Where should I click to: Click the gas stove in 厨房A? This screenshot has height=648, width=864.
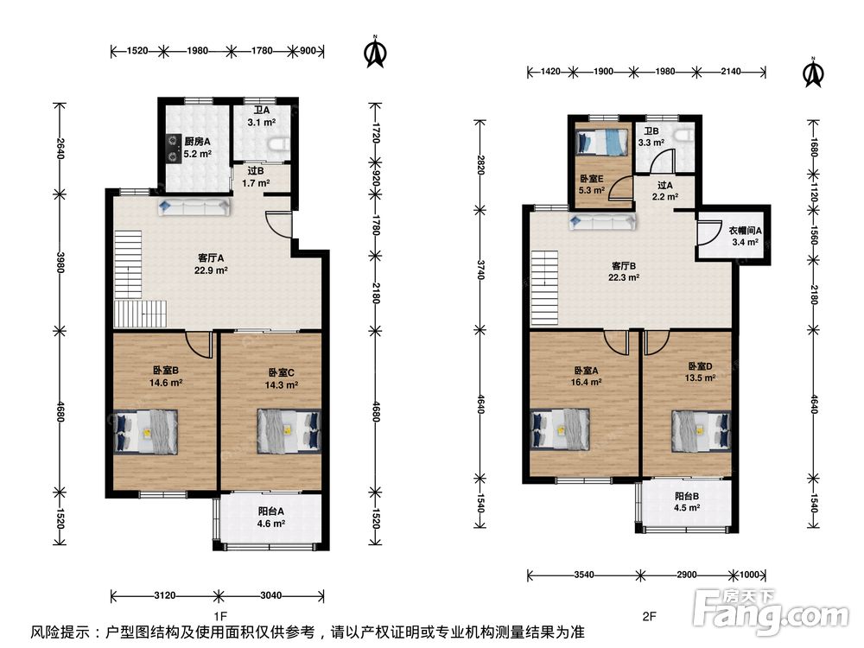[175, 149]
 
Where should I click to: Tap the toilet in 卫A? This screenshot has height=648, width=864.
[277, 144]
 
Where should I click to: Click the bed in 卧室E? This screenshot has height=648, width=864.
[602, 143]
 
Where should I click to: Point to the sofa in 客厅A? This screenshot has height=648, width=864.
[194, 207]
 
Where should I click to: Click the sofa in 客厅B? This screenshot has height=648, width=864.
[603, 222]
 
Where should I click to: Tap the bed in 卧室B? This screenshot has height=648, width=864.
[146, 431]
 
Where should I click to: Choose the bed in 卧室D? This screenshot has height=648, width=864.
[701, 431]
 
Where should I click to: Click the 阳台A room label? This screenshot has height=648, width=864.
[271, 511]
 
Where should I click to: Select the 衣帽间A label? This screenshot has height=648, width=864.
[745, 231]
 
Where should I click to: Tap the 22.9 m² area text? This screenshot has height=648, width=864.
[211, 270]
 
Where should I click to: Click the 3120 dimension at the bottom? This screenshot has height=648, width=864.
[164, 595]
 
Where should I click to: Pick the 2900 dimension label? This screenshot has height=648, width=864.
[686, 575]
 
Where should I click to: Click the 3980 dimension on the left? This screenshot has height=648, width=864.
[60, 263]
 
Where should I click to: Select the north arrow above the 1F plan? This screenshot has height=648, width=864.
[376, 52]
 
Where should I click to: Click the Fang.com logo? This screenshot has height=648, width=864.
[771, 612]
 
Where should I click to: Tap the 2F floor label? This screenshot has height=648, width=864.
[649, 616]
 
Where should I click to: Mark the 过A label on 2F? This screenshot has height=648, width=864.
[665, 185]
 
